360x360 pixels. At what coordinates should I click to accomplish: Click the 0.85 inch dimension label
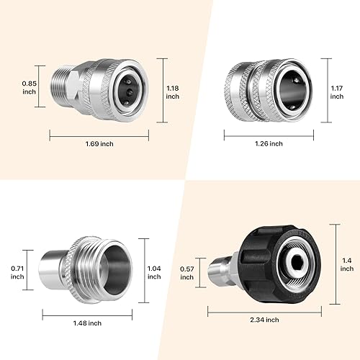coord(29,87)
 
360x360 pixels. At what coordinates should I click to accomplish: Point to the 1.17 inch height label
coord(337,92)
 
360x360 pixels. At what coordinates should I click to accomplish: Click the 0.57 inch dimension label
coord(186,272)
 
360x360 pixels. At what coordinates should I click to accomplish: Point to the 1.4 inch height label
coord(347,264)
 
